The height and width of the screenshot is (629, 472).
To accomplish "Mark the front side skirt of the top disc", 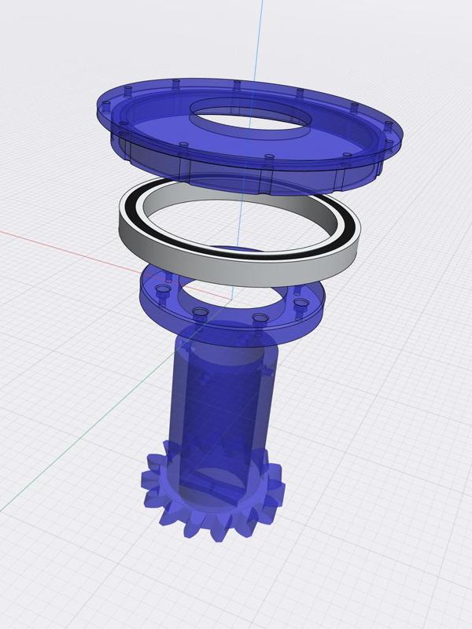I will (x=236, y=173).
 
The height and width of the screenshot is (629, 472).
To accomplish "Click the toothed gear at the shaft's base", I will (x=212, y=503).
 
